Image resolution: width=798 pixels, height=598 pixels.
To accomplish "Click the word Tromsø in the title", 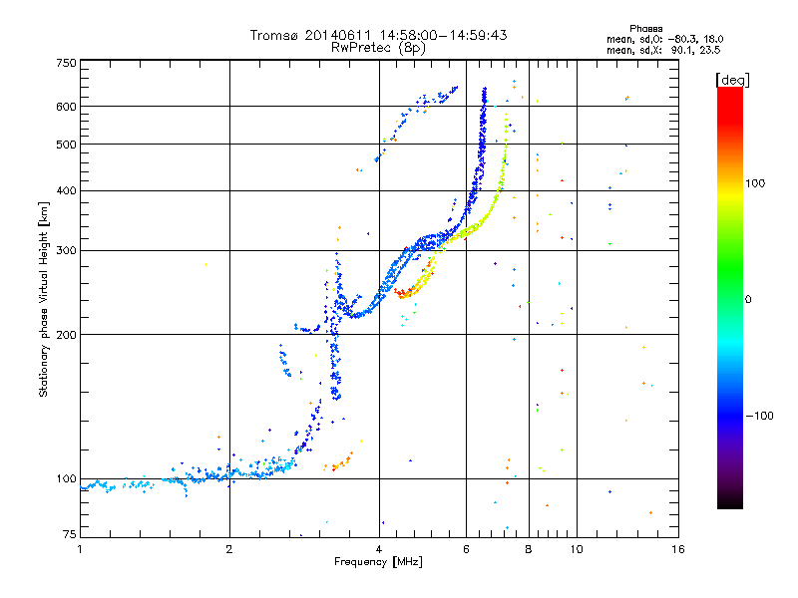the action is coord(273,35).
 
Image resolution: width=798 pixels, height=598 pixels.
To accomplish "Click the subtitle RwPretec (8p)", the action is coord(378,48).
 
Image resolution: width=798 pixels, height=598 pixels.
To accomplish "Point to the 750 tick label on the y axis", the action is coord(66,63).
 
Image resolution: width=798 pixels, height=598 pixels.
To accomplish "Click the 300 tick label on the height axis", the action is coord(66,250).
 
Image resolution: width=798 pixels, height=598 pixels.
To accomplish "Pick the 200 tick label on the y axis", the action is coord(66,335).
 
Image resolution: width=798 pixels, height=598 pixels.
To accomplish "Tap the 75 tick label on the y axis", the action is coord(70,534).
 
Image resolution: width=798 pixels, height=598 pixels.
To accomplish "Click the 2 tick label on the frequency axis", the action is coord(229,549).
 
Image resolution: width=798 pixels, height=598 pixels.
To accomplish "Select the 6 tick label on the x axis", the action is coord(466,549).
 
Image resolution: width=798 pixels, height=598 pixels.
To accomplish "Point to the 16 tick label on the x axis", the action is coord(678,549).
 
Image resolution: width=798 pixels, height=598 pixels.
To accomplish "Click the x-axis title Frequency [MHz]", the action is coord(378,562).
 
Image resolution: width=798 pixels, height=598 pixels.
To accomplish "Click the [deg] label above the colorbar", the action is coord(732,80).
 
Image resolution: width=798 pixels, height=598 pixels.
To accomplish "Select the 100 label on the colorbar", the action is coord(755,183).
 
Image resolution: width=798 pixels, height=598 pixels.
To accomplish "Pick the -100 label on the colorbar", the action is coord(760,416).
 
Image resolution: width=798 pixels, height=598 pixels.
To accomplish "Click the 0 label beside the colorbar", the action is coord(748,299).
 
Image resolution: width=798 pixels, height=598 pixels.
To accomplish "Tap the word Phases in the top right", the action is coord(645,29).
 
